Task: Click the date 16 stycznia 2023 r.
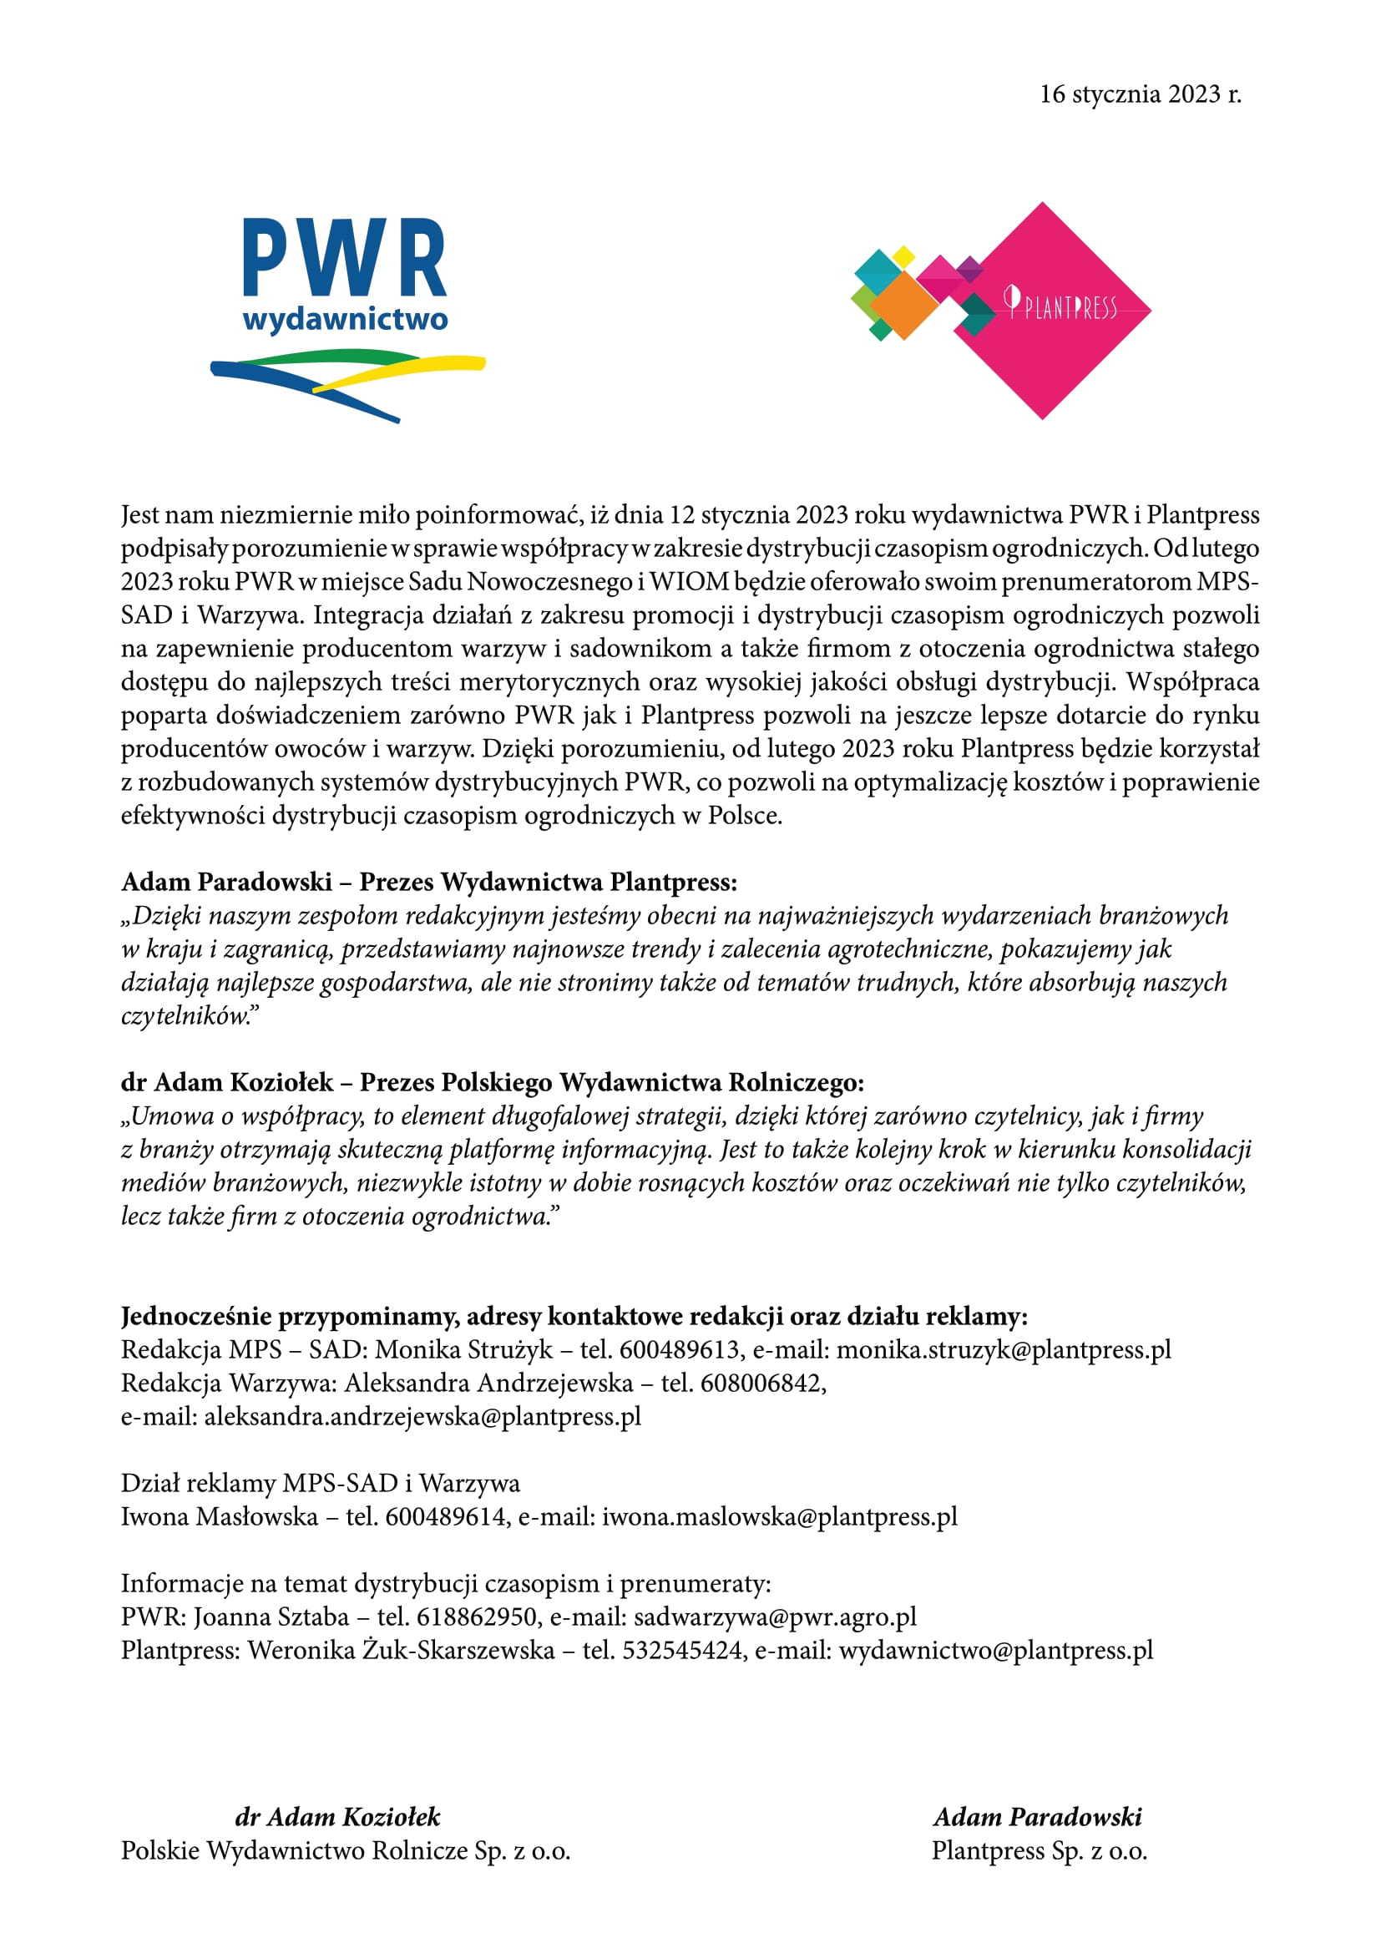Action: point(1141,94)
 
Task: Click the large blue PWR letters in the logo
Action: point(344,258)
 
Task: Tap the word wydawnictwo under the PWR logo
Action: point(344,321)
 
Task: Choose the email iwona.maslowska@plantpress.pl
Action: point(780,1516)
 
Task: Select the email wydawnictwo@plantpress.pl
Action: point(996,1650)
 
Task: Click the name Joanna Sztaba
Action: point(267,1617)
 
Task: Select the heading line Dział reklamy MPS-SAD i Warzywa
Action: point(321,1484)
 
